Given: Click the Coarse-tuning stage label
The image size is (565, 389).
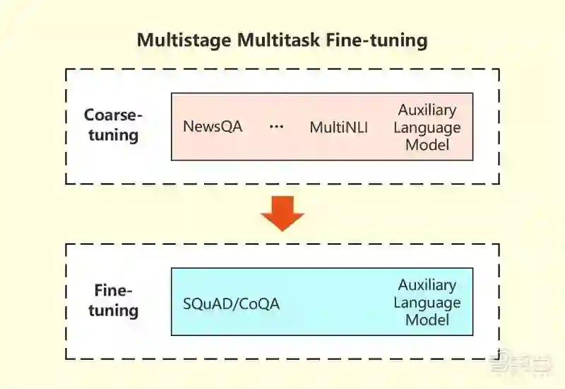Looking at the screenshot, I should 113,124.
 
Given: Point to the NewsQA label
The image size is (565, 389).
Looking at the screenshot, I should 213,127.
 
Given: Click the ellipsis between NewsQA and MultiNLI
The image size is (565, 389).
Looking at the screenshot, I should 276,127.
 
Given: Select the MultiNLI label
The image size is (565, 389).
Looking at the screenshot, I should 339,128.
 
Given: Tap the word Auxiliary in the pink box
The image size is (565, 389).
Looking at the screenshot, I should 427,110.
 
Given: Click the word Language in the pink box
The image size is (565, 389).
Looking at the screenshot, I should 427,128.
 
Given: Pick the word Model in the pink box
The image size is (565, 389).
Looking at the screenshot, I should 427,146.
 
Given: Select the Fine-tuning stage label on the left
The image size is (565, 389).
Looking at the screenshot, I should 113,301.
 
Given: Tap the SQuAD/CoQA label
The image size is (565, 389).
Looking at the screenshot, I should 232,304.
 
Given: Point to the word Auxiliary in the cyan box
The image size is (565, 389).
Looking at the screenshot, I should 427,285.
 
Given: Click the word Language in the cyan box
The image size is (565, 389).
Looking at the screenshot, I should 427,303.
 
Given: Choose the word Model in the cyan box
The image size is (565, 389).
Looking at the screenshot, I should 427,320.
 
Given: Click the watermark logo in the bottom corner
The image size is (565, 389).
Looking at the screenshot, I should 523,365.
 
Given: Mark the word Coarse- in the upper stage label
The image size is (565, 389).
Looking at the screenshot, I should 113,115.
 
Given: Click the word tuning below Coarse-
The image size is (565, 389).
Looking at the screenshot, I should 113,134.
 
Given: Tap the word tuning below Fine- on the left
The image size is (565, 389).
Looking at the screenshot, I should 113,310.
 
